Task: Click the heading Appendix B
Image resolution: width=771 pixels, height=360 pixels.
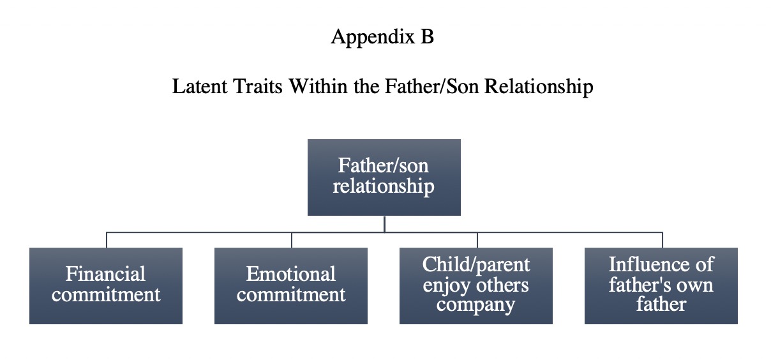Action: click(x=382, y=37)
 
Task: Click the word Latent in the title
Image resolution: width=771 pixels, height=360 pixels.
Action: click(x=200, y=86)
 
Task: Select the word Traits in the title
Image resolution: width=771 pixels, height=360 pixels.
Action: click(x=258, y=86)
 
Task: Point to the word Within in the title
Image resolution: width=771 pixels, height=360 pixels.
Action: click(x=318, y=86)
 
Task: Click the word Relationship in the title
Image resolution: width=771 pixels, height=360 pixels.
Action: click(x=539, y=87)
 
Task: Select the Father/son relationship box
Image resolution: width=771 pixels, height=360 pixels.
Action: click(x=384, y=177)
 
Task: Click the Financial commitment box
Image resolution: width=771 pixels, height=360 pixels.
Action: click(x=106, y=286)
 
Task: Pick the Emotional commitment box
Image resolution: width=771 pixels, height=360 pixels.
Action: click(x=291, y=286)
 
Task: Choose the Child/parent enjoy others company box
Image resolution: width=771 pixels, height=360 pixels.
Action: click(x=476, y=286)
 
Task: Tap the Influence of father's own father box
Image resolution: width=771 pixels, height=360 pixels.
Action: click(x=661, y=286)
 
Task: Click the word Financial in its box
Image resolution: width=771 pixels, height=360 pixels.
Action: click(x=105, y=274)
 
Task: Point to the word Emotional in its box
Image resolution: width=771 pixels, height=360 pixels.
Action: click(x=291, y=274)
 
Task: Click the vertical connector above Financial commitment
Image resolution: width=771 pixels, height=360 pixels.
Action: click(x=107, y=240)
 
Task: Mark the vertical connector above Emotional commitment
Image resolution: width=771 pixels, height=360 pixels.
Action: click(x=292, y=240)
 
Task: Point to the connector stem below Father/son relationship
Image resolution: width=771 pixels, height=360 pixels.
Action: click(x=384, y=224)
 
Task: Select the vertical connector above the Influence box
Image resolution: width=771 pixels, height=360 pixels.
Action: click(x=662, y=240)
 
